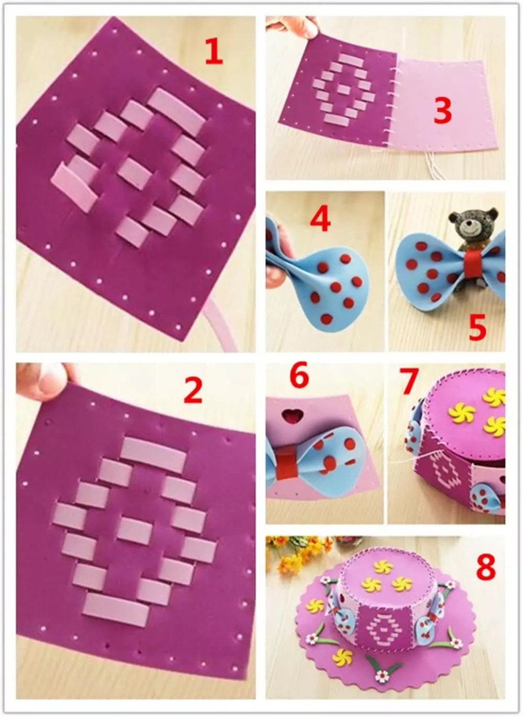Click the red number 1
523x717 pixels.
[214, 51]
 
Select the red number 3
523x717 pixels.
[442, 112]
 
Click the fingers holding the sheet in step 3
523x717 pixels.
[296, 28]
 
